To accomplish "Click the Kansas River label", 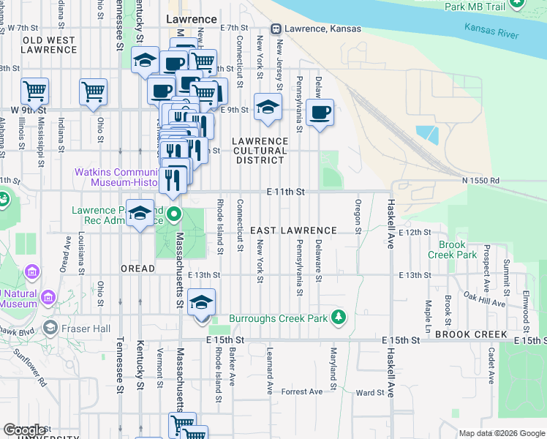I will (491, 31).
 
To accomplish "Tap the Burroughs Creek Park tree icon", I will (338, 318).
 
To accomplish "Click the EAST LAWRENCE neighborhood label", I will (293, 230).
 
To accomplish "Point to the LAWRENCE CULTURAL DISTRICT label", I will (260, 150).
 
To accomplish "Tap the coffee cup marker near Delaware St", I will (320, 113).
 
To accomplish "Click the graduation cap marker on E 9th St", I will (268, 107).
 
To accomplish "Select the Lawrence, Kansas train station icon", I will (276, 29).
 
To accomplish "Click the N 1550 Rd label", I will (480, 180).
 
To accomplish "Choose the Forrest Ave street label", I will (302, 392).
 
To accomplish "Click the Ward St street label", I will (369, 393).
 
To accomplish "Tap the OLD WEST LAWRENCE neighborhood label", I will (49, 45).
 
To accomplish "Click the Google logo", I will (24, 430).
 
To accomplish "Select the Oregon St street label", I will (358, 217).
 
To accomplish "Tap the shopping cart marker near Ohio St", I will (94, 91).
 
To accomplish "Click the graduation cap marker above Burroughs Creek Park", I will (201, 302).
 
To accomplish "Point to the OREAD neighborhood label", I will (137, 269).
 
